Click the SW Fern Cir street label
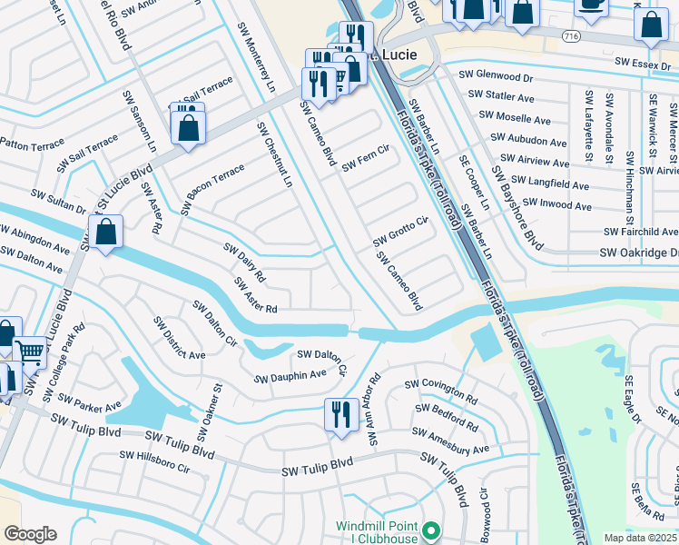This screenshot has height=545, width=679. (365, 158)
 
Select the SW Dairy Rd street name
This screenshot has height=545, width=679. (244, 262)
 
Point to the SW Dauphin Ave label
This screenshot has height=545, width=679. (290, 375)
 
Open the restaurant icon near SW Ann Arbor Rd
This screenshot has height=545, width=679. (339, 414)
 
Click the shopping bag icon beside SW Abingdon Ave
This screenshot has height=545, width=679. (106, 233)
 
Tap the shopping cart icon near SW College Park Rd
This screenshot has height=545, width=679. (30, 351)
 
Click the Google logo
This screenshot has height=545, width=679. (30, 534)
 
